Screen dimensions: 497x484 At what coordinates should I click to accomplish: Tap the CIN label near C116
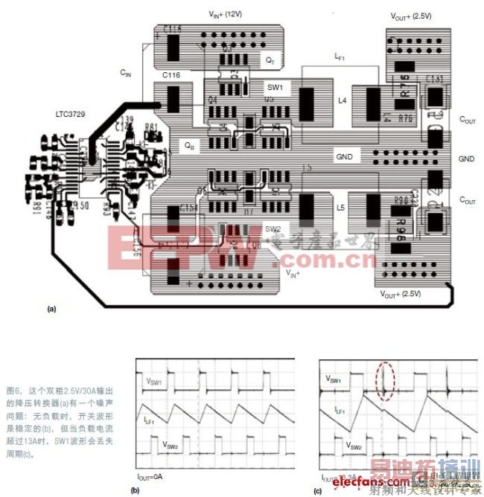[126, 73]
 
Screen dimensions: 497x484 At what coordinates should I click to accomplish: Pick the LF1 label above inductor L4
[341, 57]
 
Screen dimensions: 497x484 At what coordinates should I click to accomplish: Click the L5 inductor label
[342, 208]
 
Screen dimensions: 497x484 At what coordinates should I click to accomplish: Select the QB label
[190, 147]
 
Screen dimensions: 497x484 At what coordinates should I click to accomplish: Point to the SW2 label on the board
[273, 228]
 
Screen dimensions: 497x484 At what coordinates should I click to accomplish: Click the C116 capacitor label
[171, 76]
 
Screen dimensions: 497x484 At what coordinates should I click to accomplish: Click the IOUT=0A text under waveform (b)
[150, 473]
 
